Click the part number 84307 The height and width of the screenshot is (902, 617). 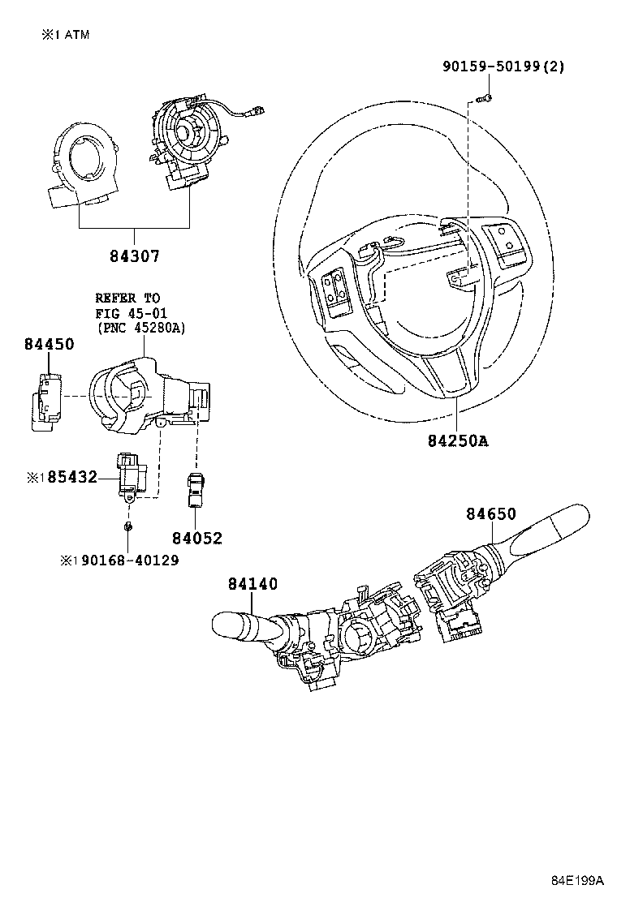(134, 256)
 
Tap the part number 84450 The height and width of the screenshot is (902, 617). (49, 344)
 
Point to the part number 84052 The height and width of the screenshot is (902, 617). (196, 538)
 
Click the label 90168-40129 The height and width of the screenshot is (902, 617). (125, 561)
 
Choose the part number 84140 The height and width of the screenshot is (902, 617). (252, 583)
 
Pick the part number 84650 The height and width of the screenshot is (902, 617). (490, 513)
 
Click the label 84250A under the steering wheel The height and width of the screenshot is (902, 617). (458, 441)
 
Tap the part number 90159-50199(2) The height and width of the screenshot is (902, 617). (503, 66)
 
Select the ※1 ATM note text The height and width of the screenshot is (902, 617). (66, 34)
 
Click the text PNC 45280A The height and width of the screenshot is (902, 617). (140, 329)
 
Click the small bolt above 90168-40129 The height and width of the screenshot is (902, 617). (130, 528)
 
